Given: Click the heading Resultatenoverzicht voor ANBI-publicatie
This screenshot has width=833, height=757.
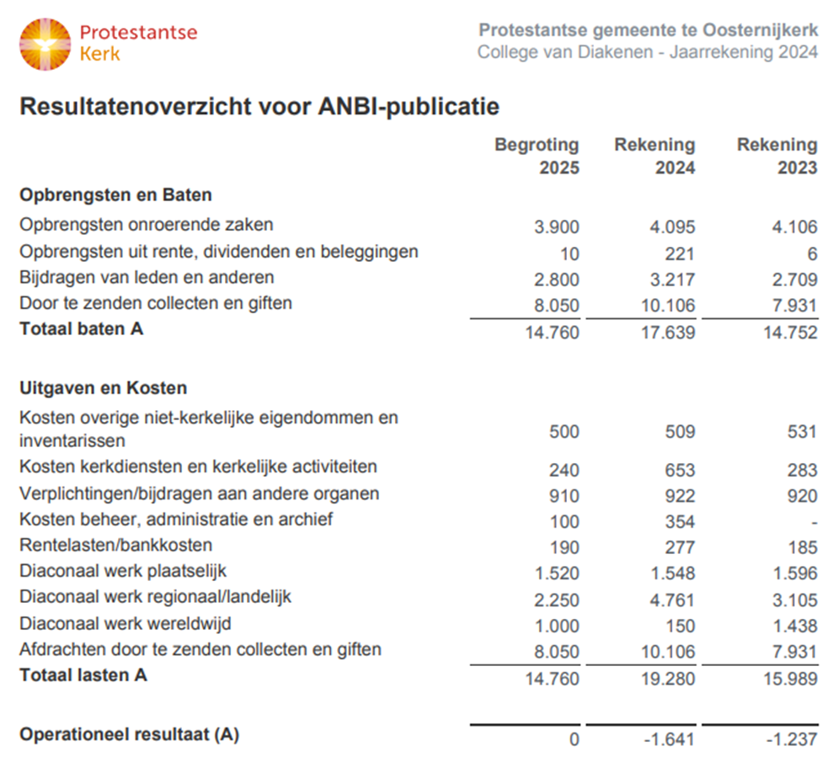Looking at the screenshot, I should [259, 108].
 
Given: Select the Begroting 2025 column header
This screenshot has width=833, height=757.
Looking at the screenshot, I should [537, 156].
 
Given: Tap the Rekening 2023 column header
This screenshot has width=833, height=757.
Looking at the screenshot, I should [777, 156].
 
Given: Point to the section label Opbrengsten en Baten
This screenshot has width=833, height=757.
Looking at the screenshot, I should [115, 195].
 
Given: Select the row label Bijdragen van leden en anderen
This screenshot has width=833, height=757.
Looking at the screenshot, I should [147, 277].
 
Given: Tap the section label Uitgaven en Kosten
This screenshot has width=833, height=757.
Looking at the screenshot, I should [103, 388].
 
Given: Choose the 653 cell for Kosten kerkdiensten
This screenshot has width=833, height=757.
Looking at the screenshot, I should [680, 469].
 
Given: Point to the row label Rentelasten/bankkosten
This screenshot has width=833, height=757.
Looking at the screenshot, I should [115, 545].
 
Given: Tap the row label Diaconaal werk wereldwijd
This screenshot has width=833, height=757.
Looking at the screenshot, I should [125, 624].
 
